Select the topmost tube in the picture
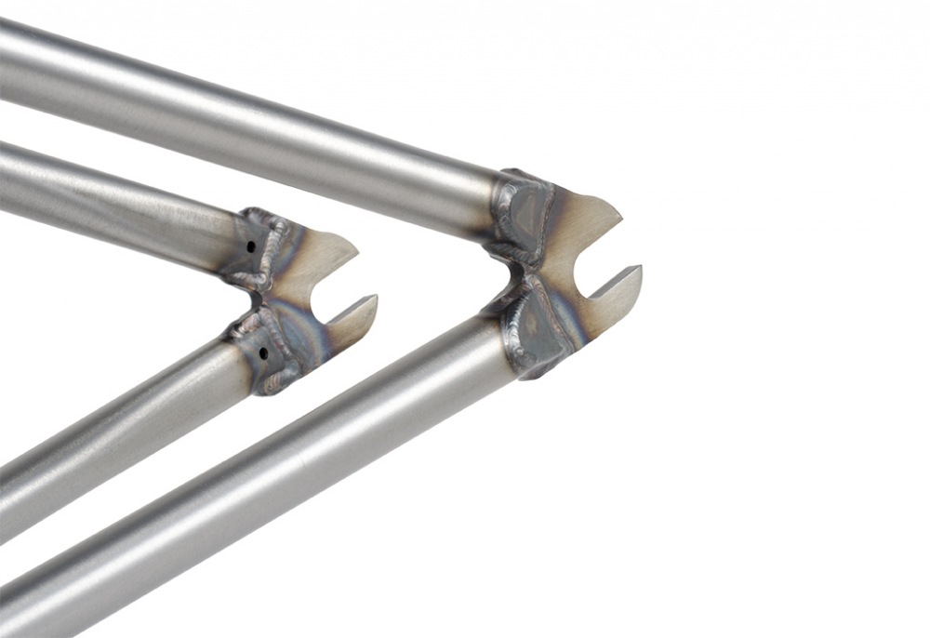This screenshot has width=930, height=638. point(232,121)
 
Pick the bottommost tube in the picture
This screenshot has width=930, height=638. point(232,502)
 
